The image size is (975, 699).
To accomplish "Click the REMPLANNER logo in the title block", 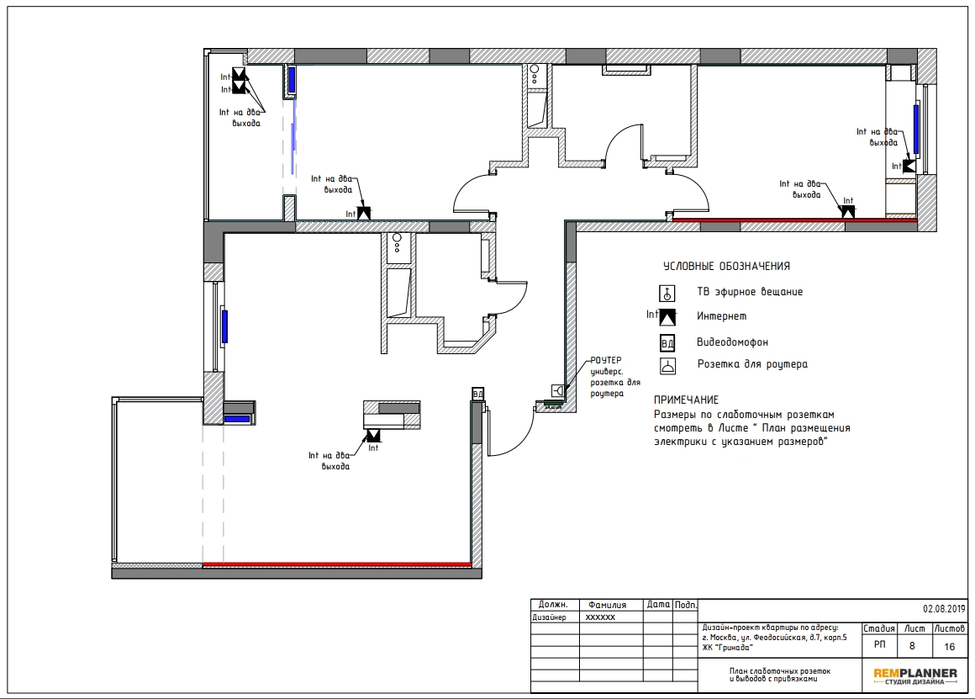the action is tap(914, 675).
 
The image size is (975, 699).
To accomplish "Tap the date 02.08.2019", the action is tap(944, 609).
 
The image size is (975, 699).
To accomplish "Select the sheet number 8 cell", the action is tap(912, 646).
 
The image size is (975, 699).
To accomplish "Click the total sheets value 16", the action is tap(950, 647).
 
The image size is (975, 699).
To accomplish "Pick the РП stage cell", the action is tap(879, 644).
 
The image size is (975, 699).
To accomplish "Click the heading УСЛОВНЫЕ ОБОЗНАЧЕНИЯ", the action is tap(726, 266).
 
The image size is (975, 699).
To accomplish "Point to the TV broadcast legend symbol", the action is tap(667, 294).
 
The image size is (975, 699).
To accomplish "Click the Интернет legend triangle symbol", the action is tap(667, 317).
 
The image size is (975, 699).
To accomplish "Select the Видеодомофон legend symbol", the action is tap(667, 343).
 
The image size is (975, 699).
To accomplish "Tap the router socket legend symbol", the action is tap(667, 366).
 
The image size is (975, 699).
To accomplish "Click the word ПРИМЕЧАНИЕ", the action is tap(686, 400).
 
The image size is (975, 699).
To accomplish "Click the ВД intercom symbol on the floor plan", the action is tap(477, 394).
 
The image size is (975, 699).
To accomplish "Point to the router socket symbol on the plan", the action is tap(558, 391).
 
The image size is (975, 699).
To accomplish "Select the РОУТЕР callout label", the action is tap(606, 360).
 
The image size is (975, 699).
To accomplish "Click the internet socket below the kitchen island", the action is tap(373, 435).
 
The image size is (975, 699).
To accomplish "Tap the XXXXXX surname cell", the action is tap(600, 617).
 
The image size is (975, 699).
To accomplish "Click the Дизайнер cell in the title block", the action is tap(549, 617).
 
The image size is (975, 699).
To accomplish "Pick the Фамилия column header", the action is tap(608, 605).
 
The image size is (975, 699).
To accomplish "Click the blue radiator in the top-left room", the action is tap(291, 79).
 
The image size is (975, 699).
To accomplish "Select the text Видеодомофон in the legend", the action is tap(732, 342).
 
